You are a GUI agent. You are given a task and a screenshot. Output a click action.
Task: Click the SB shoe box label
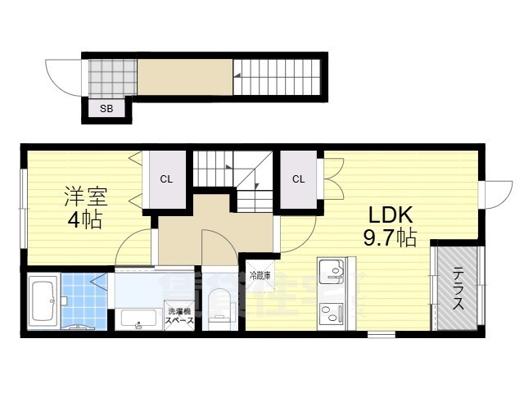(x=106, y=108)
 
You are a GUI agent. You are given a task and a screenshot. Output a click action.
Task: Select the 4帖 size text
(x=85, y=220)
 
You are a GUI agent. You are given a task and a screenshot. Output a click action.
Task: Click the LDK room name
(x=394, y=216)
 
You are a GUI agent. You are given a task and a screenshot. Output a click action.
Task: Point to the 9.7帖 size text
(x=391, y=238)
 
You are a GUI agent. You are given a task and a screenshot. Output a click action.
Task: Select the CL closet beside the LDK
(x=299, y=179)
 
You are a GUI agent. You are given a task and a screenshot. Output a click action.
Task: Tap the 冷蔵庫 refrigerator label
(x=260, y=275)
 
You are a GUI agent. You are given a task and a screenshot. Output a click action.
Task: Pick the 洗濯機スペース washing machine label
(x=179, y=316)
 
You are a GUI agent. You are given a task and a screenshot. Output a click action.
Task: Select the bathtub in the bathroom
(x=42, y=302)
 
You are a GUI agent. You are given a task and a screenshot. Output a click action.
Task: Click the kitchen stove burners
(x=332, y=312)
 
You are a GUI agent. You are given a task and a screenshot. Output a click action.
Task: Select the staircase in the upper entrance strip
(x=278, y=77)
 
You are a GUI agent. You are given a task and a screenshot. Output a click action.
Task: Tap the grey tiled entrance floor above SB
(x=111, y=77)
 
